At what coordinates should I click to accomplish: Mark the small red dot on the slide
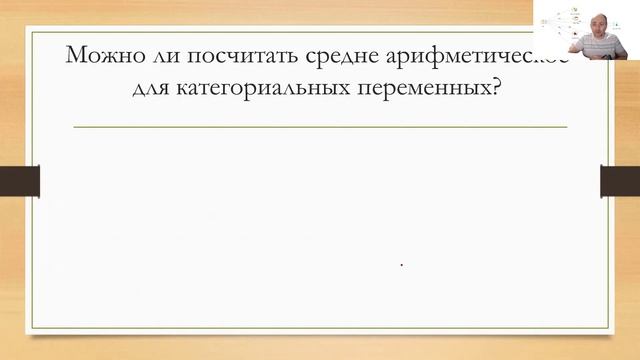click(401, 265)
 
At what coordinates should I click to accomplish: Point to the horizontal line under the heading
click(320, 127)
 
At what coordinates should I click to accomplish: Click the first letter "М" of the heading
click(75, 55)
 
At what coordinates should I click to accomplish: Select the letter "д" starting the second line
click(137, 89)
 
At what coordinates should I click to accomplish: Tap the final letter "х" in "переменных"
click(491, 89)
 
